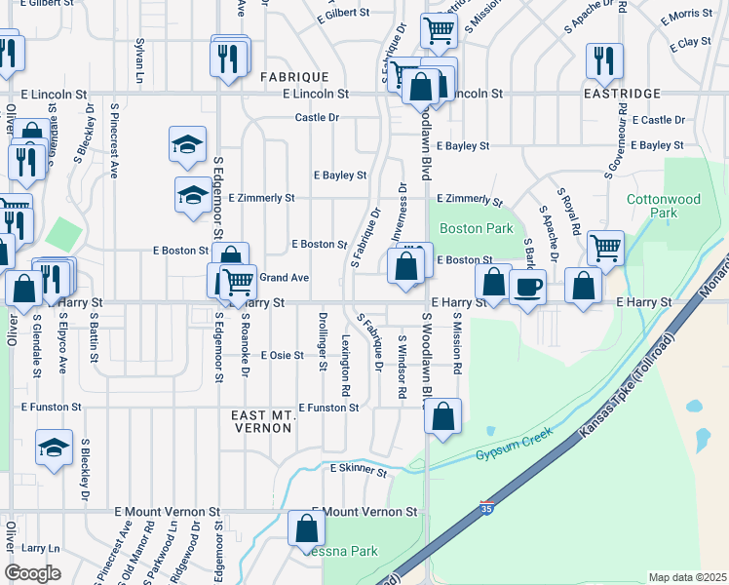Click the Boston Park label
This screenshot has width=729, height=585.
coord(476,228)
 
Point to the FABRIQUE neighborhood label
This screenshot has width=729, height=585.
coord(294,76)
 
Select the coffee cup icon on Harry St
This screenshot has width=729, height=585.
coord(528,288)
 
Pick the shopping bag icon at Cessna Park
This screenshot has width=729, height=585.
coord(307,527)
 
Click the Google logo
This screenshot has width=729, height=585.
coord(32,573)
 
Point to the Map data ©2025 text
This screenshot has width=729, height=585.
coord(687,577)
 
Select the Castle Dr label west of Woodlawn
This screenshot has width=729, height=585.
coord(317,117)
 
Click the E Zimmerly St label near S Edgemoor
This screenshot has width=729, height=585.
coord(261,198)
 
